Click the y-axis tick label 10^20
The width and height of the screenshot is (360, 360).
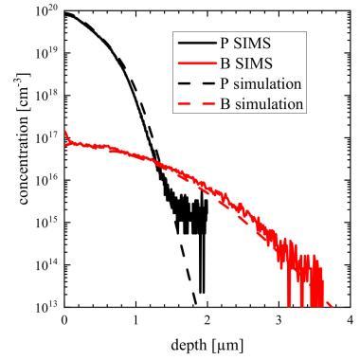[x=46, y=11]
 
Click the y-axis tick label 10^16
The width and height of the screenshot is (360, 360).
[x=46, y=180]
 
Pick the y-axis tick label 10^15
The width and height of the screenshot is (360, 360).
[x=46, y=223]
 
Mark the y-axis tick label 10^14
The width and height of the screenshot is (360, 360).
[x=46, y=264]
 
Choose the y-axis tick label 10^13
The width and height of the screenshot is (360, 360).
[x=46, y=307]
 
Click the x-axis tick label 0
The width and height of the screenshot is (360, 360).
[x=64, y=320]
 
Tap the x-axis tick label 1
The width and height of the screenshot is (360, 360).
[x=135, y=320]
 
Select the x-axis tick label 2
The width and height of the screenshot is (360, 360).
[x=207, y=320]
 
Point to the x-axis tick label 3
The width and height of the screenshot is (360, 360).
[x=279, y=320]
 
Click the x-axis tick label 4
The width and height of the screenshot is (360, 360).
[x=350, y=320]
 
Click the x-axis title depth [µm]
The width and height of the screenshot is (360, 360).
[x=207, y=345]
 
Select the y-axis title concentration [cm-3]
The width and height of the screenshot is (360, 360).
[x=23, y=138]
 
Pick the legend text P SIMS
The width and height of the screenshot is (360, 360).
[x=245, y=44]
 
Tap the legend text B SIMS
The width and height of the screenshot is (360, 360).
[x=246, y=63]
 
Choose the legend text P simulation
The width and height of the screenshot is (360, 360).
[x=261, y=84]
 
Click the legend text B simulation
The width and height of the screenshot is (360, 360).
[x=261, y=104]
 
